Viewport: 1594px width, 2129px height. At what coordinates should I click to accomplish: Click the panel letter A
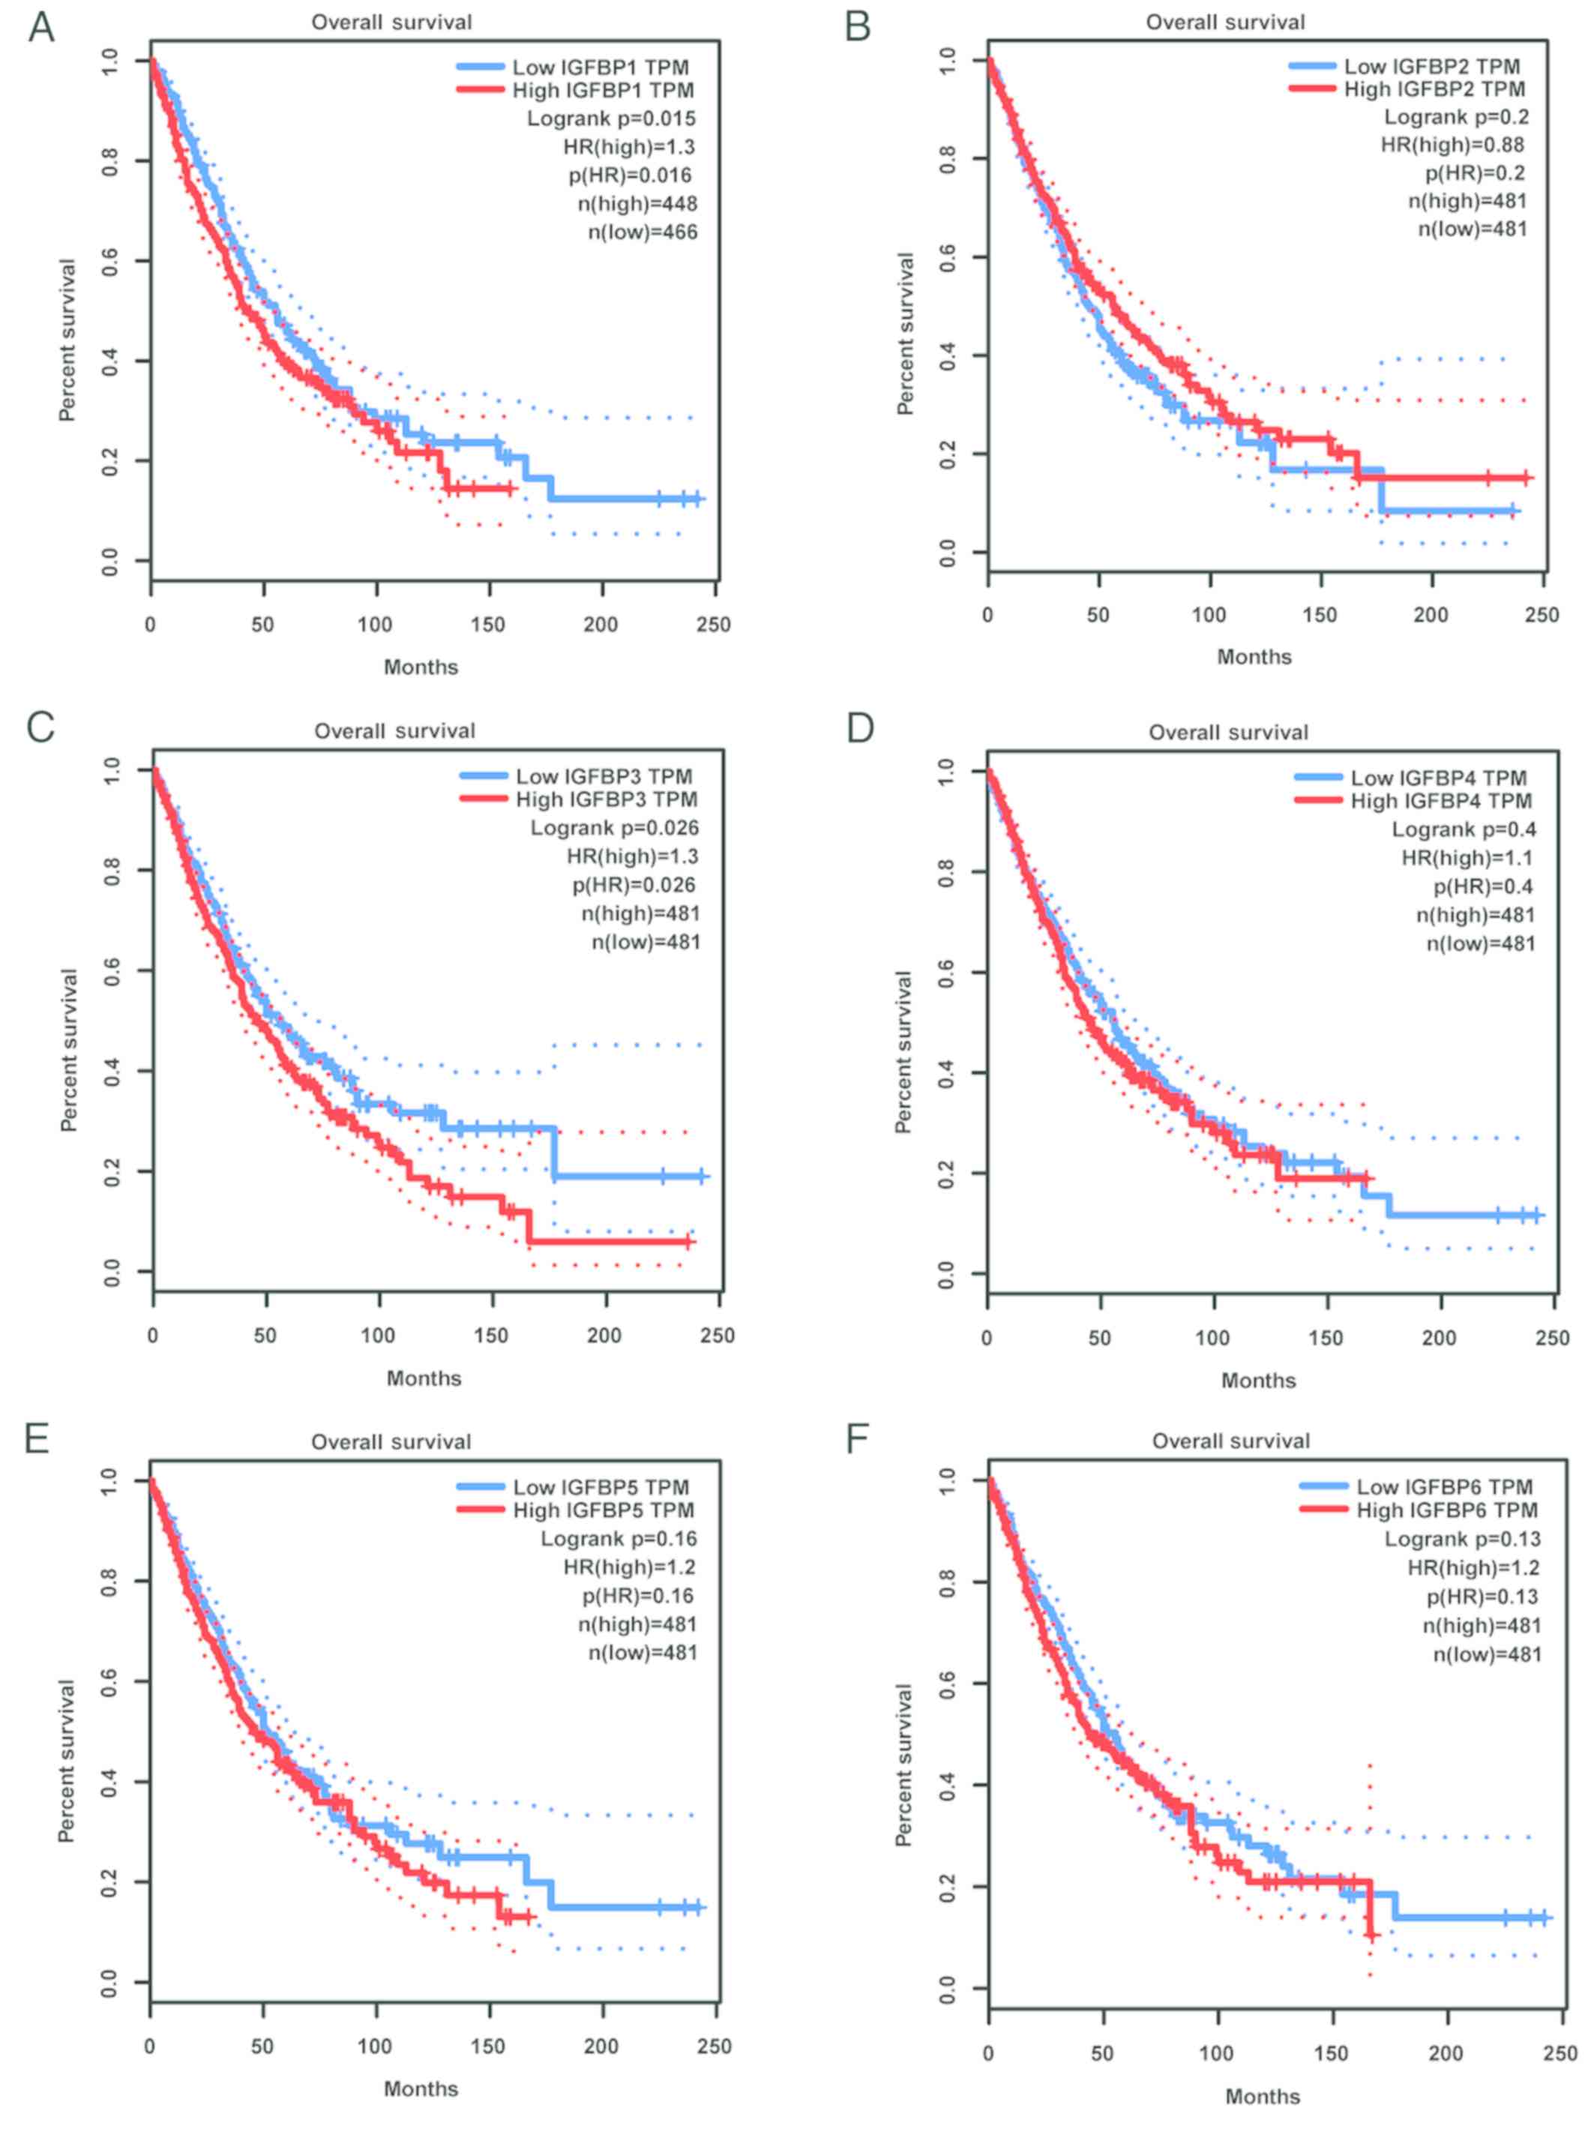(x=41, y=27)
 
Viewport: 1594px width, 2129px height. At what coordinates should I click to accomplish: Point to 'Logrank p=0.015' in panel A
(x=610, y=118)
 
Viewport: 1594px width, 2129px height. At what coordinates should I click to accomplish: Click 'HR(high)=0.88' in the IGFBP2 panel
(x=1452, y=145)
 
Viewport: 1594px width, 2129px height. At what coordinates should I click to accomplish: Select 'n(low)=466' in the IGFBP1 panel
(x=642, y=232)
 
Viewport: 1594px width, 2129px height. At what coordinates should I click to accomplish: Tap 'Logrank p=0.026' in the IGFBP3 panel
(x=614, y=828)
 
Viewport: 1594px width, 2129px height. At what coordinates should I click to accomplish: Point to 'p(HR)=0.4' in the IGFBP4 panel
(x=1483, y=886)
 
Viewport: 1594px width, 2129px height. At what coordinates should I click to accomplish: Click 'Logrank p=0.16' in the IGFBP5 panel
(x=618, y=1539)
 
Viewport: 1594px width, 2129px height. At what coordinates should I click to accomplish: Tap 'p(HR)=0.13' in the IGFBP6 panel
(x=1482, y=1597)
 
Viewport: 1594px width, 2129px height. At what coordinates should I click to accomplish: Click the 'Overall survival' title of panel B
(x=1224, y=22)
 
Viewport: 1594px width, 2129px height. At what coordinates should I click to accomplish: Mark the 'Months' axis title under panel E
(x=421, y=2089)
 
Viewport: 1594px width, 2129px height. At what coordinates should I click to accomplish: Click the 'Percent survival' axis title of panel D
(x=903, y=1051)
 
